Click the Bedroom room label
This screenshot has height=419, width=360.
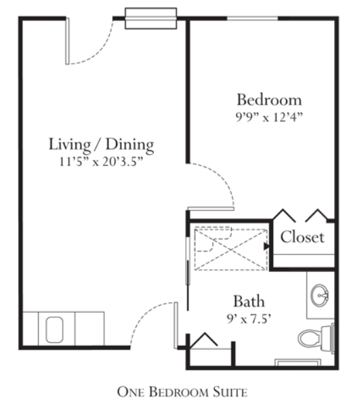(269, 100)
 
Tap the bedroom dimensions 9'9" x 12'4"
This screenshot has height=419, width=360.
(269, 117)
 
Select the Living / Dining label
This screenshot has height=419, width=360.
(101, 144)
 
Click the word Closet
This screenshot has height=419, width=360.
(302, 237)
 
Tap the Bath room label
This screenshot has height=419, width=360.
(249, 301)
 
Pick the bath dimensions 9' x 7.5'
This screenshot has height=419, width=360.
(249, 319)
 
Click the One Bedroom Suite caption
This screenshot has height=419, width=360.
(182, 392)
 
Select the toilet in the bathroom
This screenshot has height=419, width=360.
(316, 338)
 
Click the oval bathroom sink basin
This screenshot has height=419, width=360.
(320, 296)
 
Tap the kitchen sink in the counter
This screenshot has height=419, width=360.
(54, 330)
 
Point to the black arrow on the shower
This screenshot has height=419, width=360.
(266, 246)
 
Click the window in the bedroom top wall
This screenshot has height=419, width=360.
(253, 18)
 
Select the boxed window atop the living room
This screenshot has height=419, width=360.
(151, 18)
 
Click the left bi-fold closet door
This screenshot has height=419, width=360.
(284, 216)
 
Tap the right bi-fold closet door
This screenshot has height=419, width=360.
(317, 216)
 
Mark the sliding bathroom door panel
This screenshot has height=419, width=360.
(188, 260)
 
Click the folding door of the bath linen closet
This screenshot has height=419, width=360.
(203, 340)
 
